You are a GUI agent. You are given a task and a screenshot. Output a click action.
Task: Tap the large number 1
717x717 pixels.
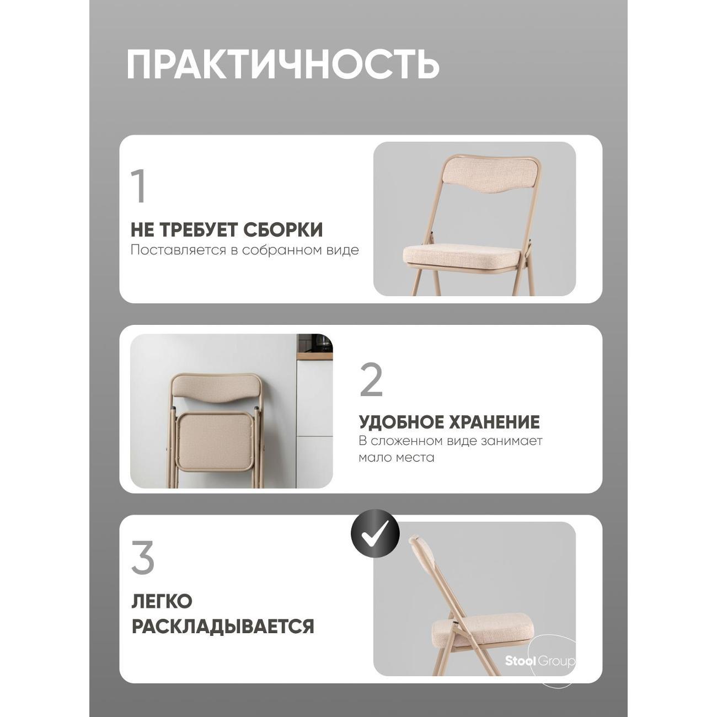pos(139,186)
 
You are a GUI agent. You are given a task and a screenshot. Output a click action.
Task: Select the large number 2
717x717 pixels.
pos(371,381)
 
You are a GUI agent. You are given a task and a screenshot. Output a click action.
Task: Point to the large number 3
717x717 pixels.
pos(142,559)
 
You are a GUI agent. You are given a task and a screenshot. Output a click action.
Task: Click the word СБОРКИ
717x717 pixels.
pos(283,230)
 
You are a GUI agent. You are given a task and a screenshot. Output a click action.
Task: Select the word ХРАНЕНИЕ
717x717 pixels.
pos(494,422)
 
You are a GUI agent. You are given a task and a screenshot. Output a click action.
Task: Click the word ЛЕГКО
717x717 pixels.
pos(161,602)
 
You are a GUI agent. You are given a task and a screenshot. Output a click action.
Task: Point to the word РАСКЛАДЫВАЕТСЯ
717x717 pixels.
pos(222,627)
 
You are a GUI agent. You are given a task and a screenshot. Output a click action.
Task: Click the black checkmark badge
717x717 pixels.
pos(375,533)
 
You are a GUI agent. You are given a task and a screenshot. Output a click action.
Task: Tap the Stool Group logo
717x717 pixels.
pos(540,661)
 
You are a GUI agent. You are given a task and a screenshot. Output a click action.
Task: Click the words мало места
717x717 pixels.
pos(396,458)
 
